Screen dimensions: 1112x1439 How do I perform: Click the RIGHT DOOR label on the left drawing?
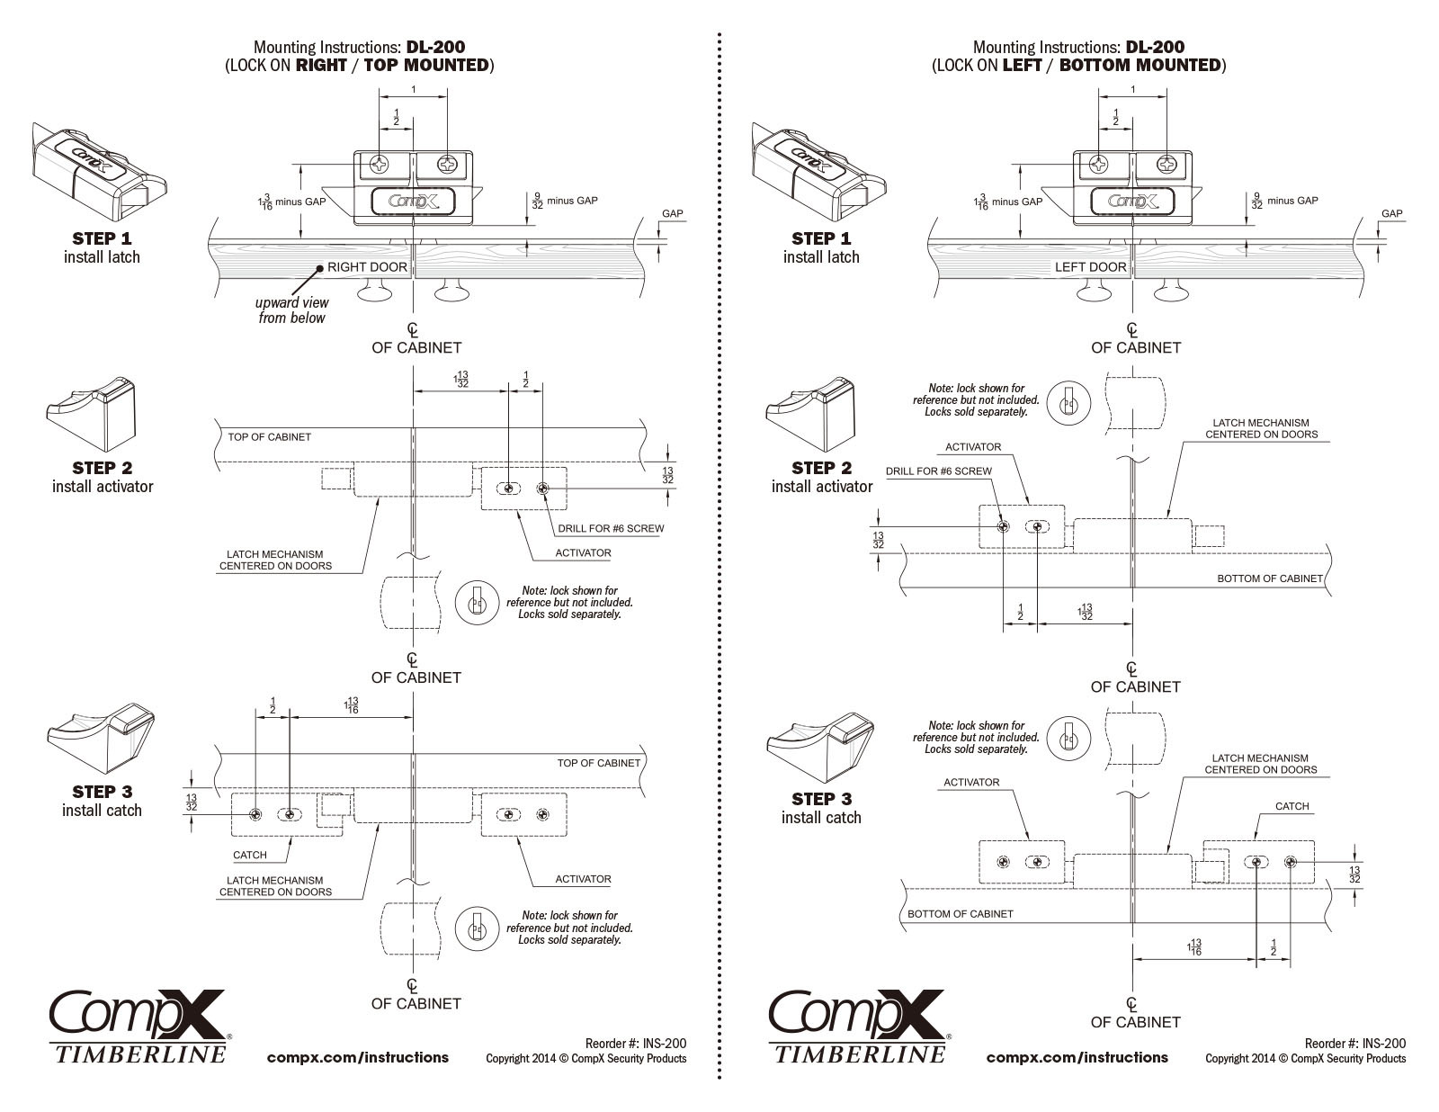click(367, 267)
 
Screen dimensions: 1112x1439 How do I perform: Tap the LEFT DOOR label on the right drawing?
click(1090, 267)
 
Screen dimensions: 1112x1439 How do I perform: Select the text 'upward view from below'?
click(292, 310)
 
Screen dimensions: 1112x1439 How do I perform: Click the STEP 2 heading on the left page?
click(102, 468)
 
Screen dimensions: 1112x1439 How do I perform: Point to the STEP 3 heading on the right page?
click(821, 799)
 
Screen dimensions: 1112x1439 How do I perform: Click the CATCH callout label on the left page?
click(250, 855)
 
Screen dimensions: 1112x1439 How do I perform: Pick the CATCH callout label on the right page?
click(1292, 806)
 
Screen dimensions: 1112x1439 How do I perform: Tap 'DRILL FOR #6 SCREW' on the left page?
click(611, 528)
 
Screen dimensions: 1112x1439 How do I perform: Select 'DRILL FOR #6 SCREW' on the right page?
click(938, 471)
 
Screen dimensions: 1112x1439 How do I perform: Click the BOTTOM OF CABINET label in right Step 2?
click(1269, 578)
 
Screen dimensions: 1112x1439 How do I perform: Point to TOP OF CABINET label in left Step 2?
click(269, 437)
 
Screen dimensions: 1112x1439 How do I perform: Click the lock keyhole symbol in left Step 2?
click(477, 602)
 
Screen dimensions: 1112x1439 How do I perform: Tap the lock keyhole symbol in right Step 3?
click(1068, 737)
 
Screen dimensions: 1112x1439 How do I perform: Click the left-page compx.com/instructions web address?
click(358, 1058)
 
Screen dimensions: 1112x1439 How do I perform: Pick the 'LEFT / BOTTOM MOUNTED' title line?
click(1078, 65)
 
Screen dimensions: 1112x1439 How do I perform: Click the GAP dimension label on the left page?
click(672, 214)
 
